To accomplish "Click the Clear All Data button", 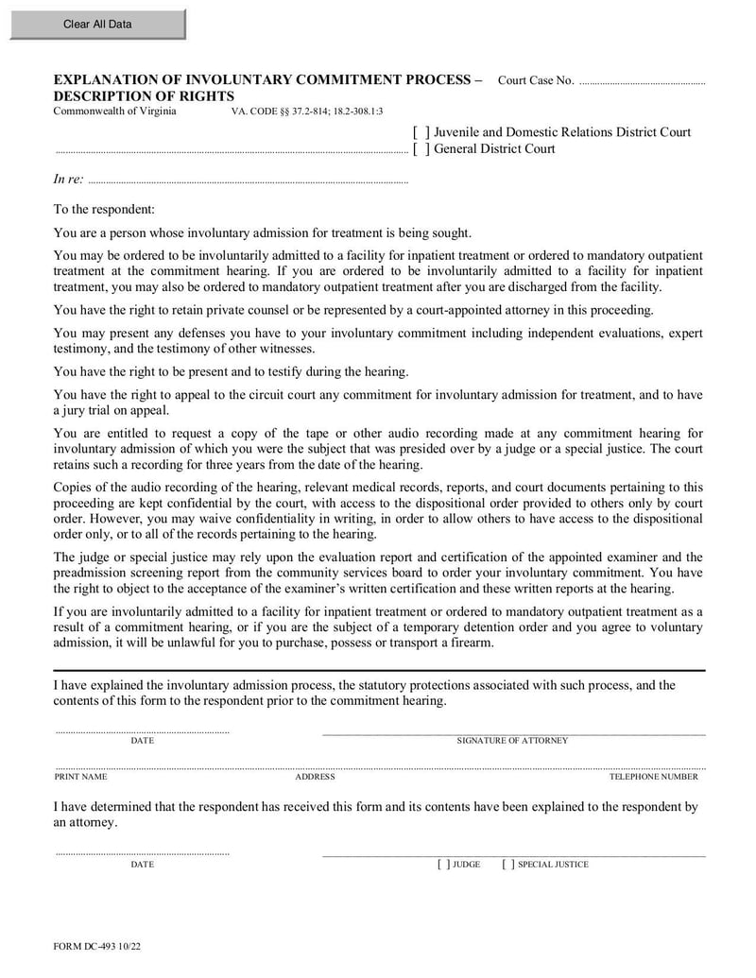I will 97,25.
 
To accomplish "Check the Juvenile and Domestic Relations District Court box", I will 421,133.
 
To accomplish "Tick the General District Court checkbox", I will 421,149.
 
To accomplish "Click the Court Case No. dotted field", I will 642,82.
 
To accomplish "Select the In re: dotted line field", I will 246,180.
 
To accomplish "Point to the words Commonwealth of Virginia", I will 114,112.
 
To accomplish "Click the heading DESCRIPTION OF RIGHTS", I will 144,96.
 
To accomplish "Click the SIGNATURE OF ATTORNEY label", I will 512,742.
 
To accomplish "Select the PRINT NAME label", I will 80,777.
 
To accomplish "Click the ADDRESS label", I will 315,777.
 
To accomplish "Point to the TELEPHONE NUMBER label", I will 653,777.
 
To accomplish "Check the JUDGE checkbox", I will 443,865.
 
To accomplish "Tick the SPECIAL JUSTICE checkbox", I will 508,865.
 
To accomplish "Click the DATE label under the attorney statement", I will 142,742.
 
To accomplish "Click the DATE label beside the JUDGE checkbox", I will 142,865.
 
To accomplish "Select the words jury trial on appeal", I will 110,410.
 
